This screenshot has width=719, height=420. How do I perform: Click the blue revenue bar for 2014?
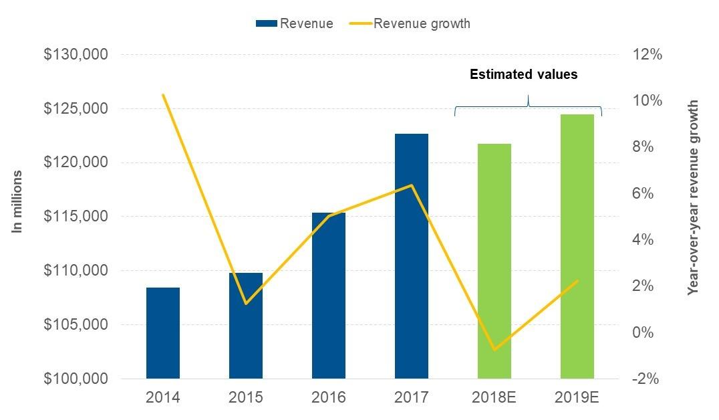click(163, 333)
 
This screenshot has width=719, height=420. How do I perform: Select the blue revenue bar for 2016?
click(329, 296)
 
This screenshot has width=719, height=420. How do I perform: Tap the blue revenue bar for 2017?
click(412, 256)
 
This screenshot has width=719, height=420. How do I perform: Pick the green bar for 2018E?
click(494, 261)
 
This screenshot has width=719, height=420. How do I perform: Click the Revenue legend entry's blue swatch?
click(266, 24)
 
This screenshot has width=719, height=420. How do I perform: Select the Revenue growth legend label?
click(422, 24)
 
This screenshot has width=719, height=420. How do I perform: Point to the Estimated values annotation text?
click(523, 75)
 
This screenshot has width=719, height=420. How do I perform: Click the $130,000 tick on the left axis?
click(76, 55)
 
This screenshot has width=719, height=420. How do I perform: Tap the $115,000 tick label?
click(76, 217)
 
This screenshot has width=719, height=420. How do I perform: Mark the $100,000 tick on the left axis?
click(76, 379)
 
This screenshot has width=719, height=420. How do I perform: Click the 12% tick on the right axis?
click(646, 55)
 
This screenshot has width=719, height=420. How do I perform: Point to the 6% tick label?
click(646, 193)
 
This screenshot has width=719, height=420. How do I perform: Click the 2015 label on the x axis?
click(246, 397)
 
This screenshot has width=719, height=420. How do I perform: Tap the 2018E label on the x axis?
click(494, 397)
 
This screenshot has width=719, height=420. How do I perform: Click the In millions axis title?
click(18, 202)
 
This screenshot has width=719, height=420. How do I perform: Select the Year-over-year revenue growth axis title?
click(693, 198)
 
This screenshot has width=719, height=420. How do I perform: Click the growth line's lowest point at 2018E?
click(494, 349)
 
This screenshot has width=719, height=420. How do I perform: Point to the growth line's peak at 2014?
click(163, 95)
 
